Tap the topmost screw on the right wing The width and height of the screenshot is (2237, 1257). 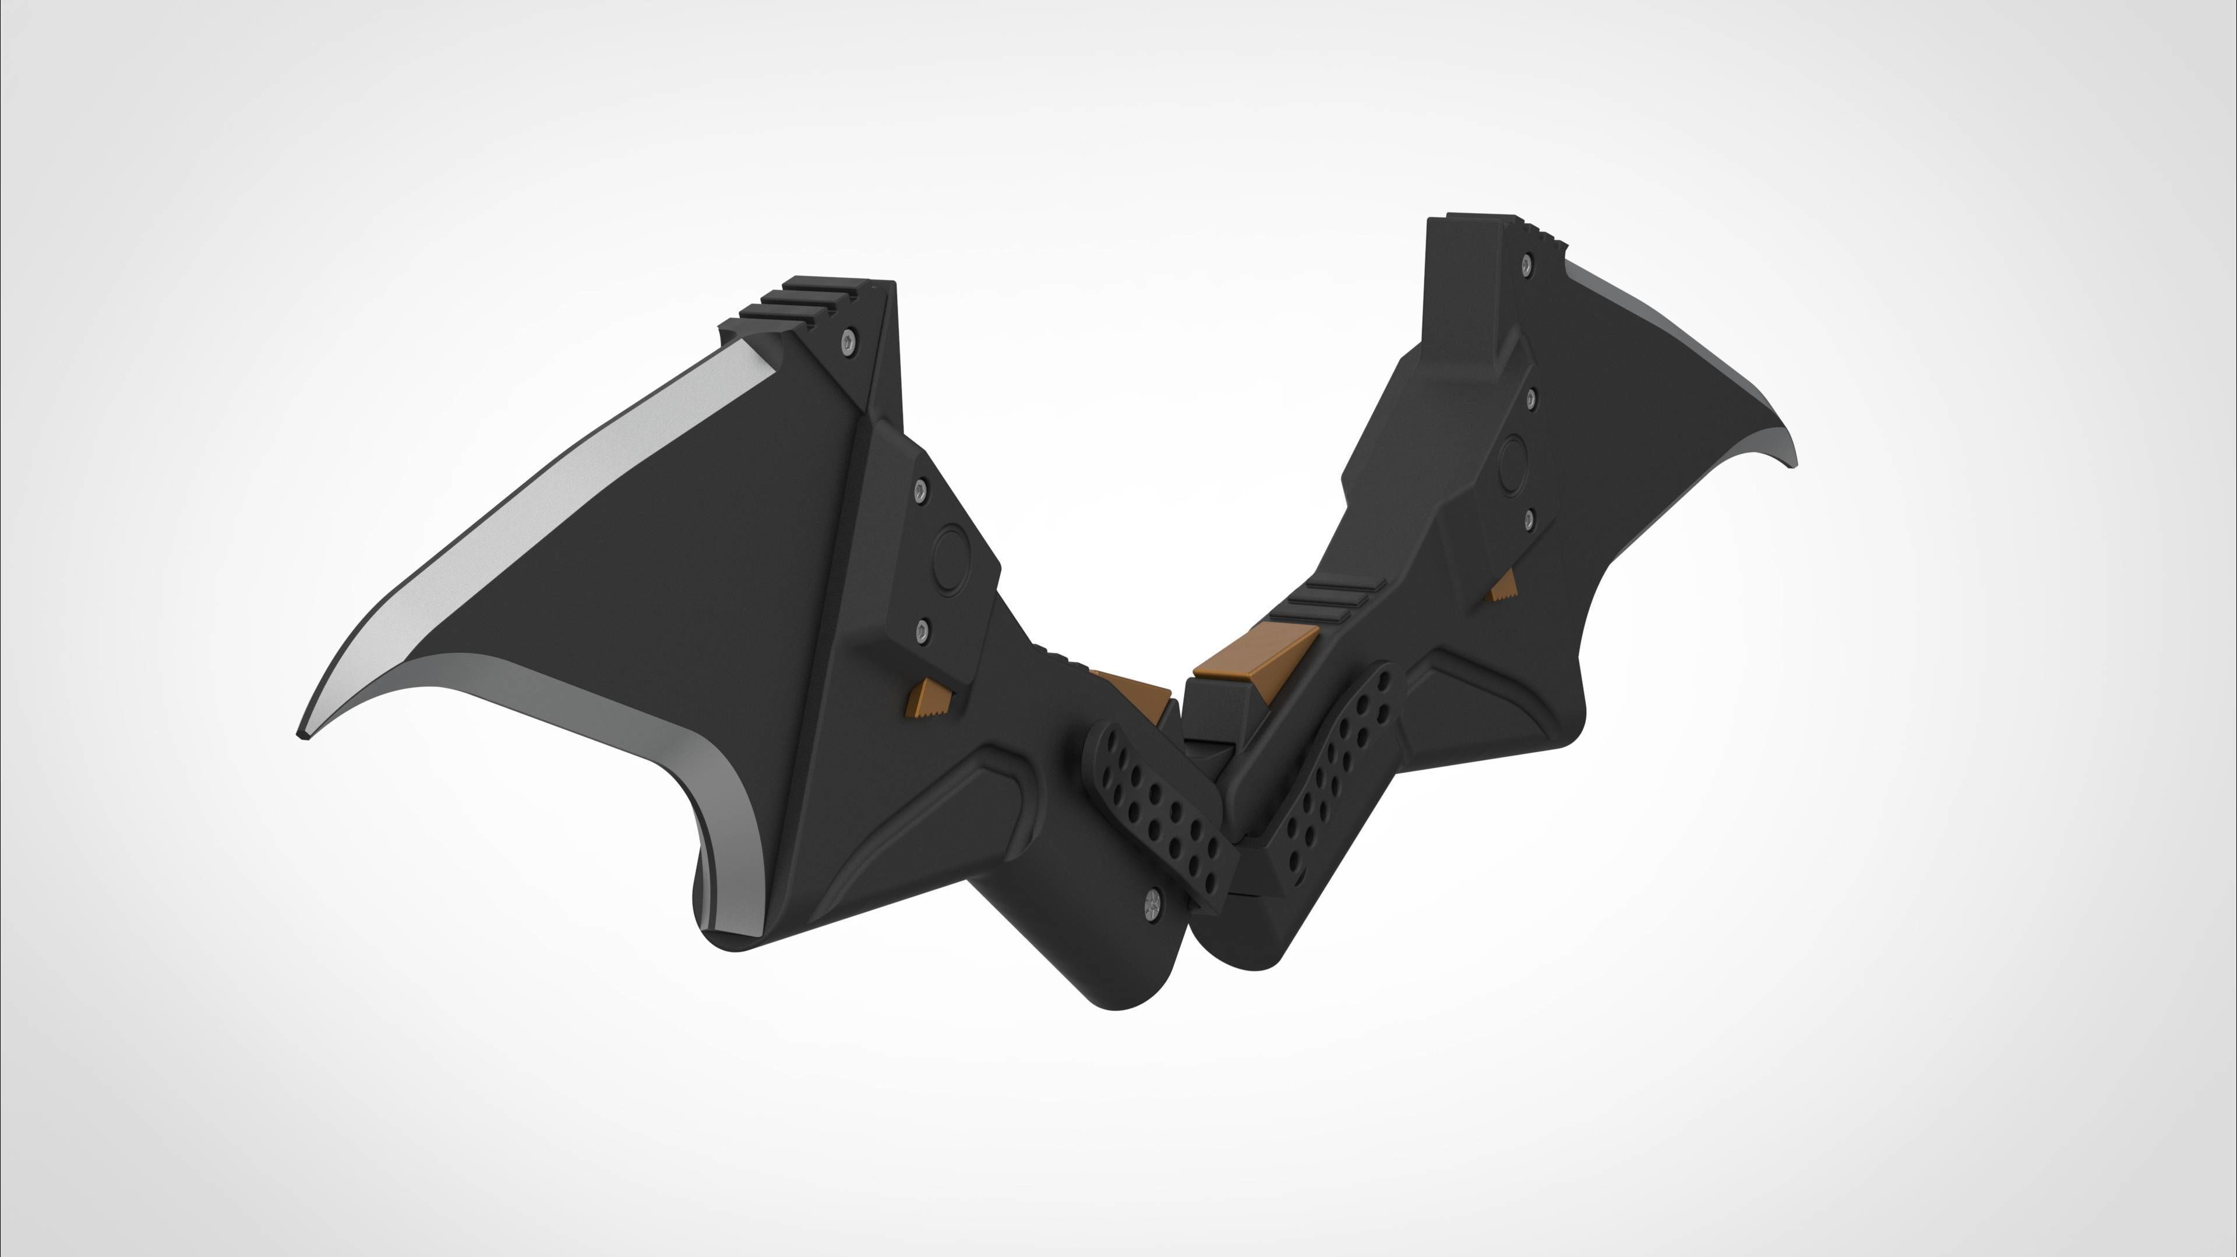click(1526, 260)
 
